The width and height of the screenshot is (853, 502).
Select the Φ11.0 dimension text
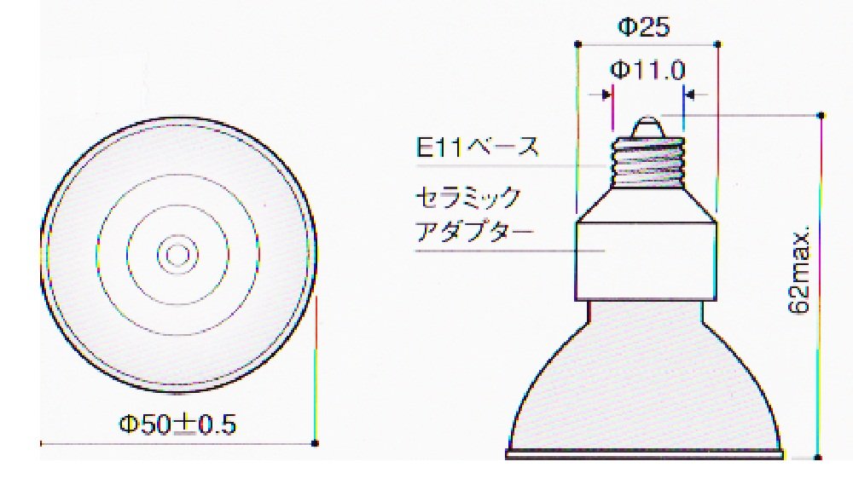647,70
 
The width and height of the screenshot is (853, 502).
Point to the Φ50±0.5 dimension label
177,424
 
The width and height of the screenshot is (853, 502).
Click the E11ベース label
478,147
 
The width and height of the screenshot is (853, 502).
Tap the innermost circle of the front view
177,254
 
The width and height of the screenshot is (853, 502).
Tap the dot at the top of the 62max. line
821,115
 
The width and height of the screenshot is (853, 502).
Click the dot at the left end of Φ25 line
577,43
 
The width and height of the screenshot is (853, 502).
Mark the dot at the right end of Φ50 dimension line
316,443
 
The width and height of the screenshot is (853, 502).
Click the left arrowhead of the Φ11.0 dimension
608,94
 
